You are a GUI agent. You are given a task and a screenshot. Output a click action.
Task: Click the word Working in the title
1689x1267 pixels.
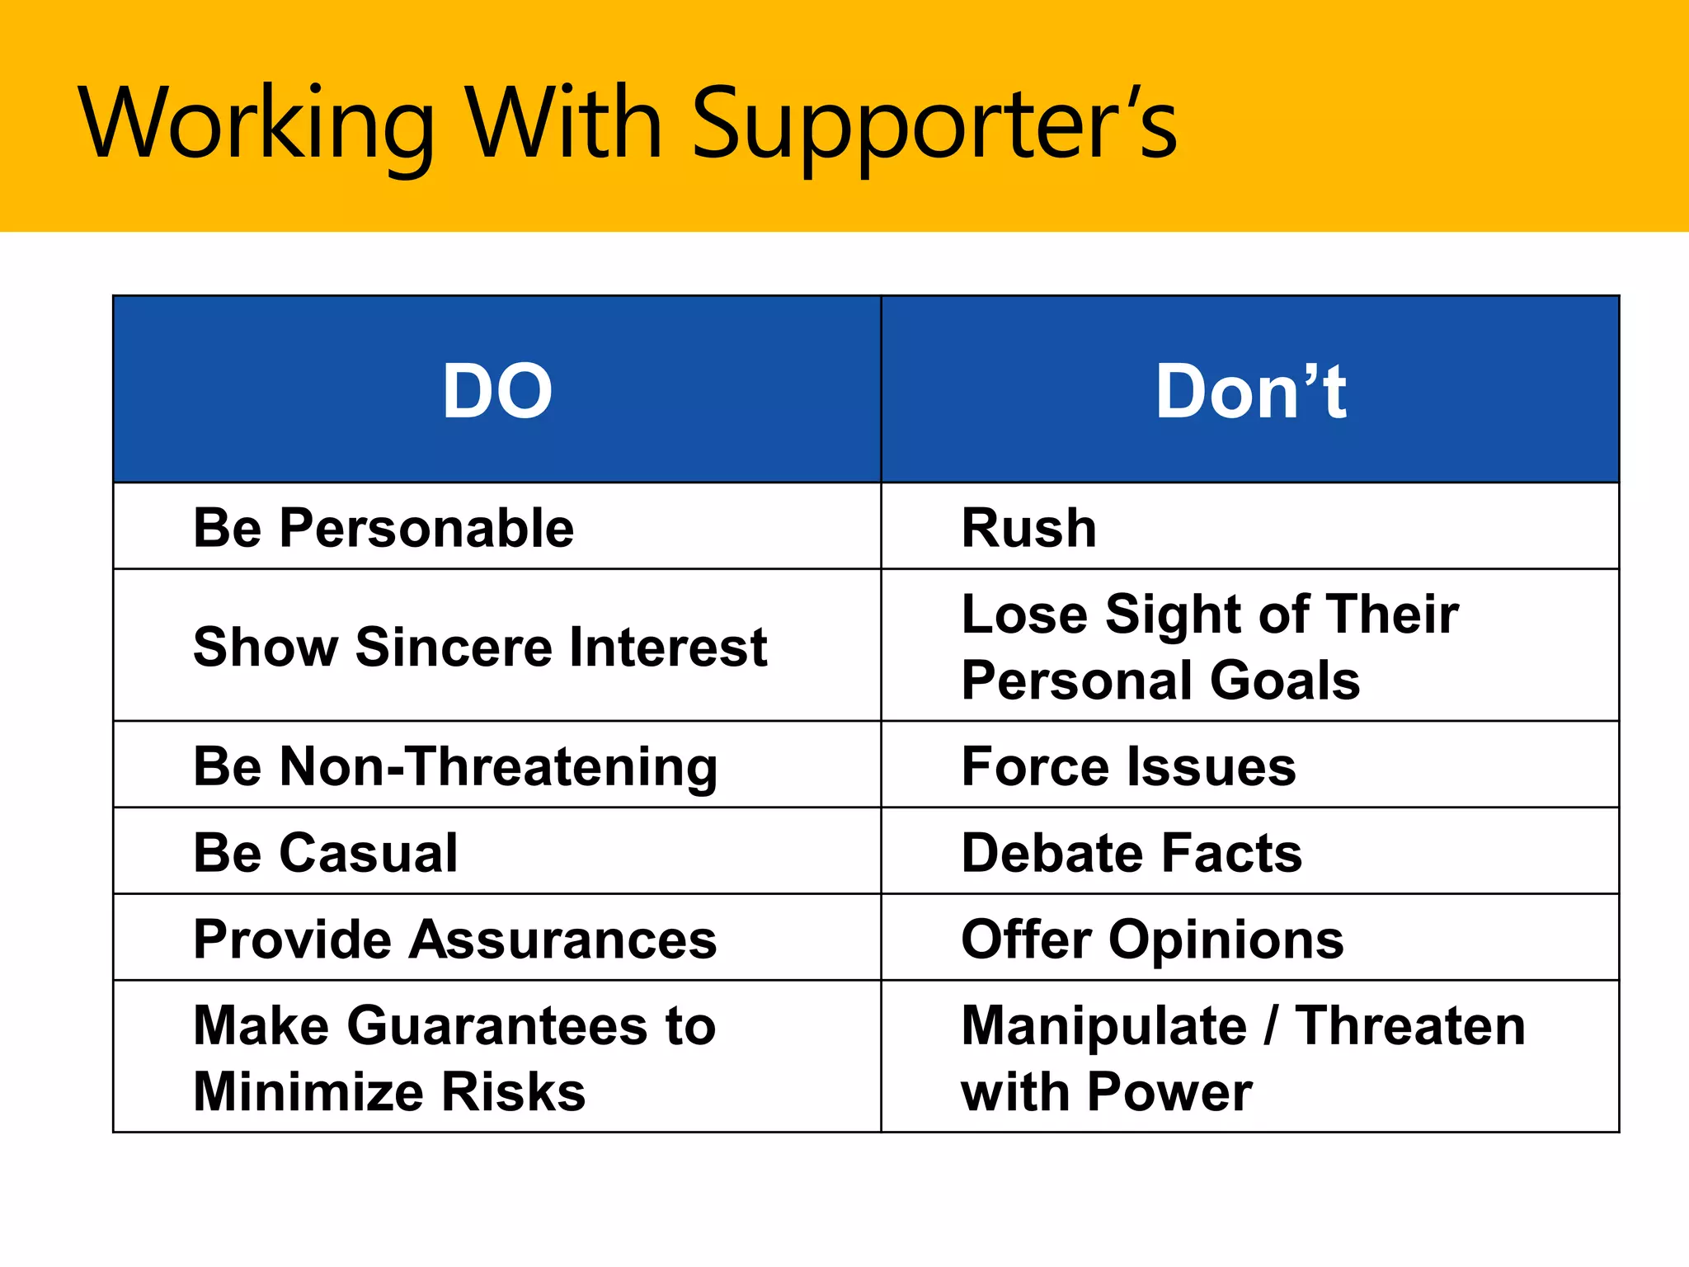click(x=256, y=124)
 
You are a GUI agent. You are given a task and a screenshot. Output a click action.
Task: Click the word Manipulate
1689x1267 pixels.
click(x=1104, y=1026)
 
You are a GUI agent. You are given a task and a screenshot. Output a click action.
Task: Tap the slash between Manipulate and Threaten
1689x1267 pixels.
click(x=1271, y=1026)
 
